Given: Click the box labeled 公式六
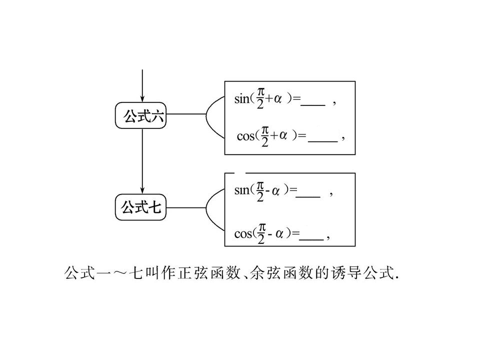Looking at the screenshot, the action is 140,115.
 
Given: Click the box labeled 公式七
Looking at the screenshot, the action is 140,207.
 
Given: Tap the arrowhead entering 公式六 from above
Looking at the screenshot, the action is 142,98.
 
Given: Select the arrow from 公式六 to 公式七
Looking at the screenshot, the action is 142,161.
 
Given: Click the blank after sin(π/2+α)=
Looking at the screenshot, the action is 313,105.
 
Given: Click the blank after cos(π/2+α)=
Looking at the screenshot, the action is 322,141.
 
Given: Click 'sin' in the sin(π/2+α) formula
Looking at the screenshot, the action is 242,99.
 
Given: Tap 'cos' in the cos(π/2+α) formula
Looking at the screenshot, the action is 245,135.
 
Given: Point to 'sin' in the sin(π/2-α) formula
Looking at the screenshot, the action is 242,190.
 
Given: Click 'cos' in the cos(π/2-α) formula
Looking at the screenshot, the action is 243,234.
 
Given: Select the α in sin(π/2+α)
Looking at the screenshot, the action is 277,99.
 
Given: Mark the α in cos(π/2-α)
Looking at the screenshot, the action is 279,234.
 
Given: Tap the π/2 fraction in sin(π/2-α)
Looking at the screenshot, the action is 260,191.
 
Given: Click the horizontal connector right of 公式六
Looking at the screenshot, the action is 186,114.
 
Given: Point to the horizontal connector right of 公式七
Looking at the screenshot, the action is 186,208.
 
